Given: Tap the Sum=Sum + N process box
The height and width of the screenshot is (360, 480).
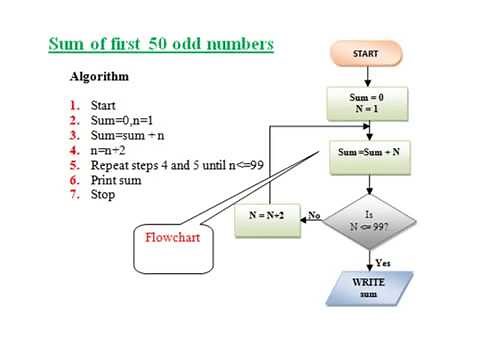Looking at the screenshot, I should (x=369, y=153).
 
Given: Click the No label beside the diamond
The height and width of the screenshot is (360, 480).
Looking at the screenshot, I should (x=313, y=214).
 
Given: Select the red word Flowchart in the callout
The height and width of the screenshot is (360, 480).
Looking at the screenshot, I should (x=173, y=239).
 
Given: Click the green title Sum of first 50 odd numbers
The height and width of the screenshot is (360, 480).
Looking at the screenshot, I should (x=161, y=45).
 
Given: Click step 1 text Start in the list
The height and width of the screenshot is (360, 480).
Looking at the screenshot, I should (x=103, y=104).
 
